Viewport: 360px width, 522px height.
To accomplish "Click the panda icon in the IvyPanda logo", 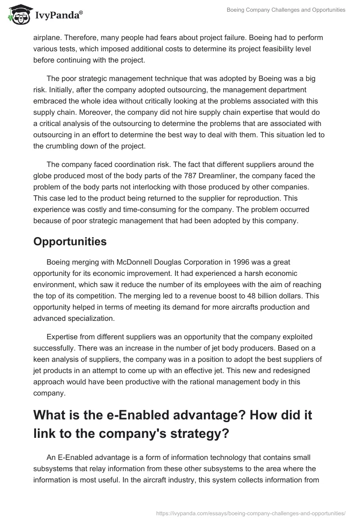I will point(18,15).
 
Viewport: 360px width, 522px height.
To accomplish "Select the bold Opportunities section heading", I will point(70,241).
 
